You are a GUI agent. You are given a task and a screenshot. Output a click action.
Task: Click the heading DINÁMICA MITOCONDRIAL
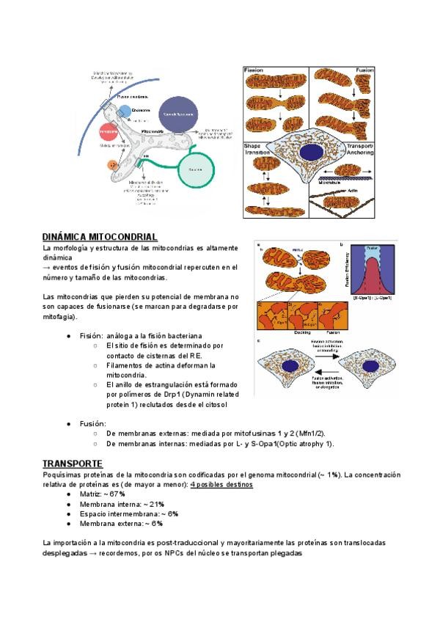(100, 238)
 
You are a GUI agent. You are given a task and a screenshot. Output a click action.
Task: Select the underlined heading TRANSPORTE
(72, 464)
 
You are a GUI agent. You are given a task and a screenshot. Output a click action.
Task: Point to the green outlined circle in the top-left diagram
(194, 170)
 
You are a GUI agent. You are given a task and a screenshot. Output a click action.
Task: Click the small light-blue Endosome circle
(126, 111)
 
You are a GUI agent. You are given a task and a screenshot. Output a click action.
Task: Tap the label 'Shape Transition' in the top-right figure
(257, 150)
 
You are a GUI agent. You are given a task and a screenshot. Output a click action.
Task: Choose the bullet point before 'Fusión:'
(69, 424)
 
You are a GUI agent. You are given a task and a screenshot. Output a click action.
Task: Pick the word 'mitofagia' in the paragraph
(59, 317)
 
